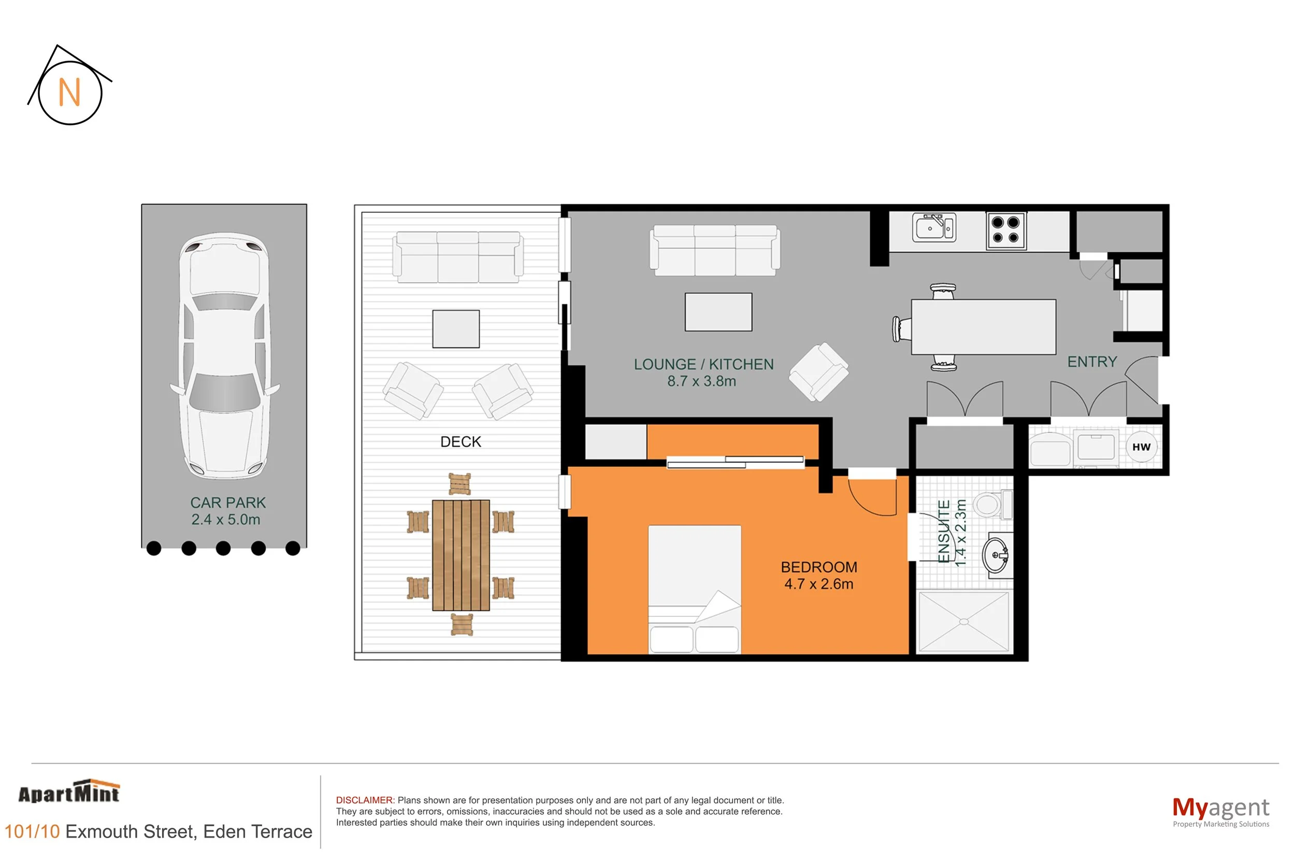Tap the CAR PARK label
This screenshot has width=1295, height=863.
(x=228, y=502)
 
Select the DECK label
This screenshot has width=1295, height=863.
(x=461, y=442)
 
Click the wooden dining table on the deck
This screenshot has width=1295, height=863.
(x=461, y=555)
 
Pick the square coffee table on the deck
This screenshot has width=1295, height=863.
(x=456, y=329)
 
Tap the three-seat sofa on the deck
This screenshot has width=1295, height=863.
(x=457, y=257)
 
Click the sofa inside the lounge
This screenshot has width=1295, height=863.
(x=715, y=250)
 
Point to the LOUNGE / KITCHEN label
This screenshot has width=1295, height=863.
(x=704, y=364)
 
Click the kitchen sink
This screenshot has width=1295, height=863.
(x=934, y=228)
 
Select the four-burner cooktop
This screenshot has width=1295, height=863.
(x=1005, y=230)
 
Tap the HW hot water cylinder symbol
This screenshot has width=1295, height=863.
(x=1141, y=447)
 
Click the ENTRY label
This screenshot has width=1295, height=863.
(x=1092, y=362)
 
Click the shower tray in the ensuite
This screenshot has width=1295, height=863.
(x=963, y=622)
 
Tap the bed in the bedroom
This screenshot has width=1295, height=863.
(x=695, y=589)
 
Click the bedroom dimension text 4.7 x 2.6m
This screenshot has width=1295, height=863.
(x=818, y=584)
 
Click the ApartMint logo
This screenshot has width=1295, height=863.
(x=69, y=792)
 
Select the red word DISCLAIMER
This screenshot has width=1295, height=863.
(x=365, y=800)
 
